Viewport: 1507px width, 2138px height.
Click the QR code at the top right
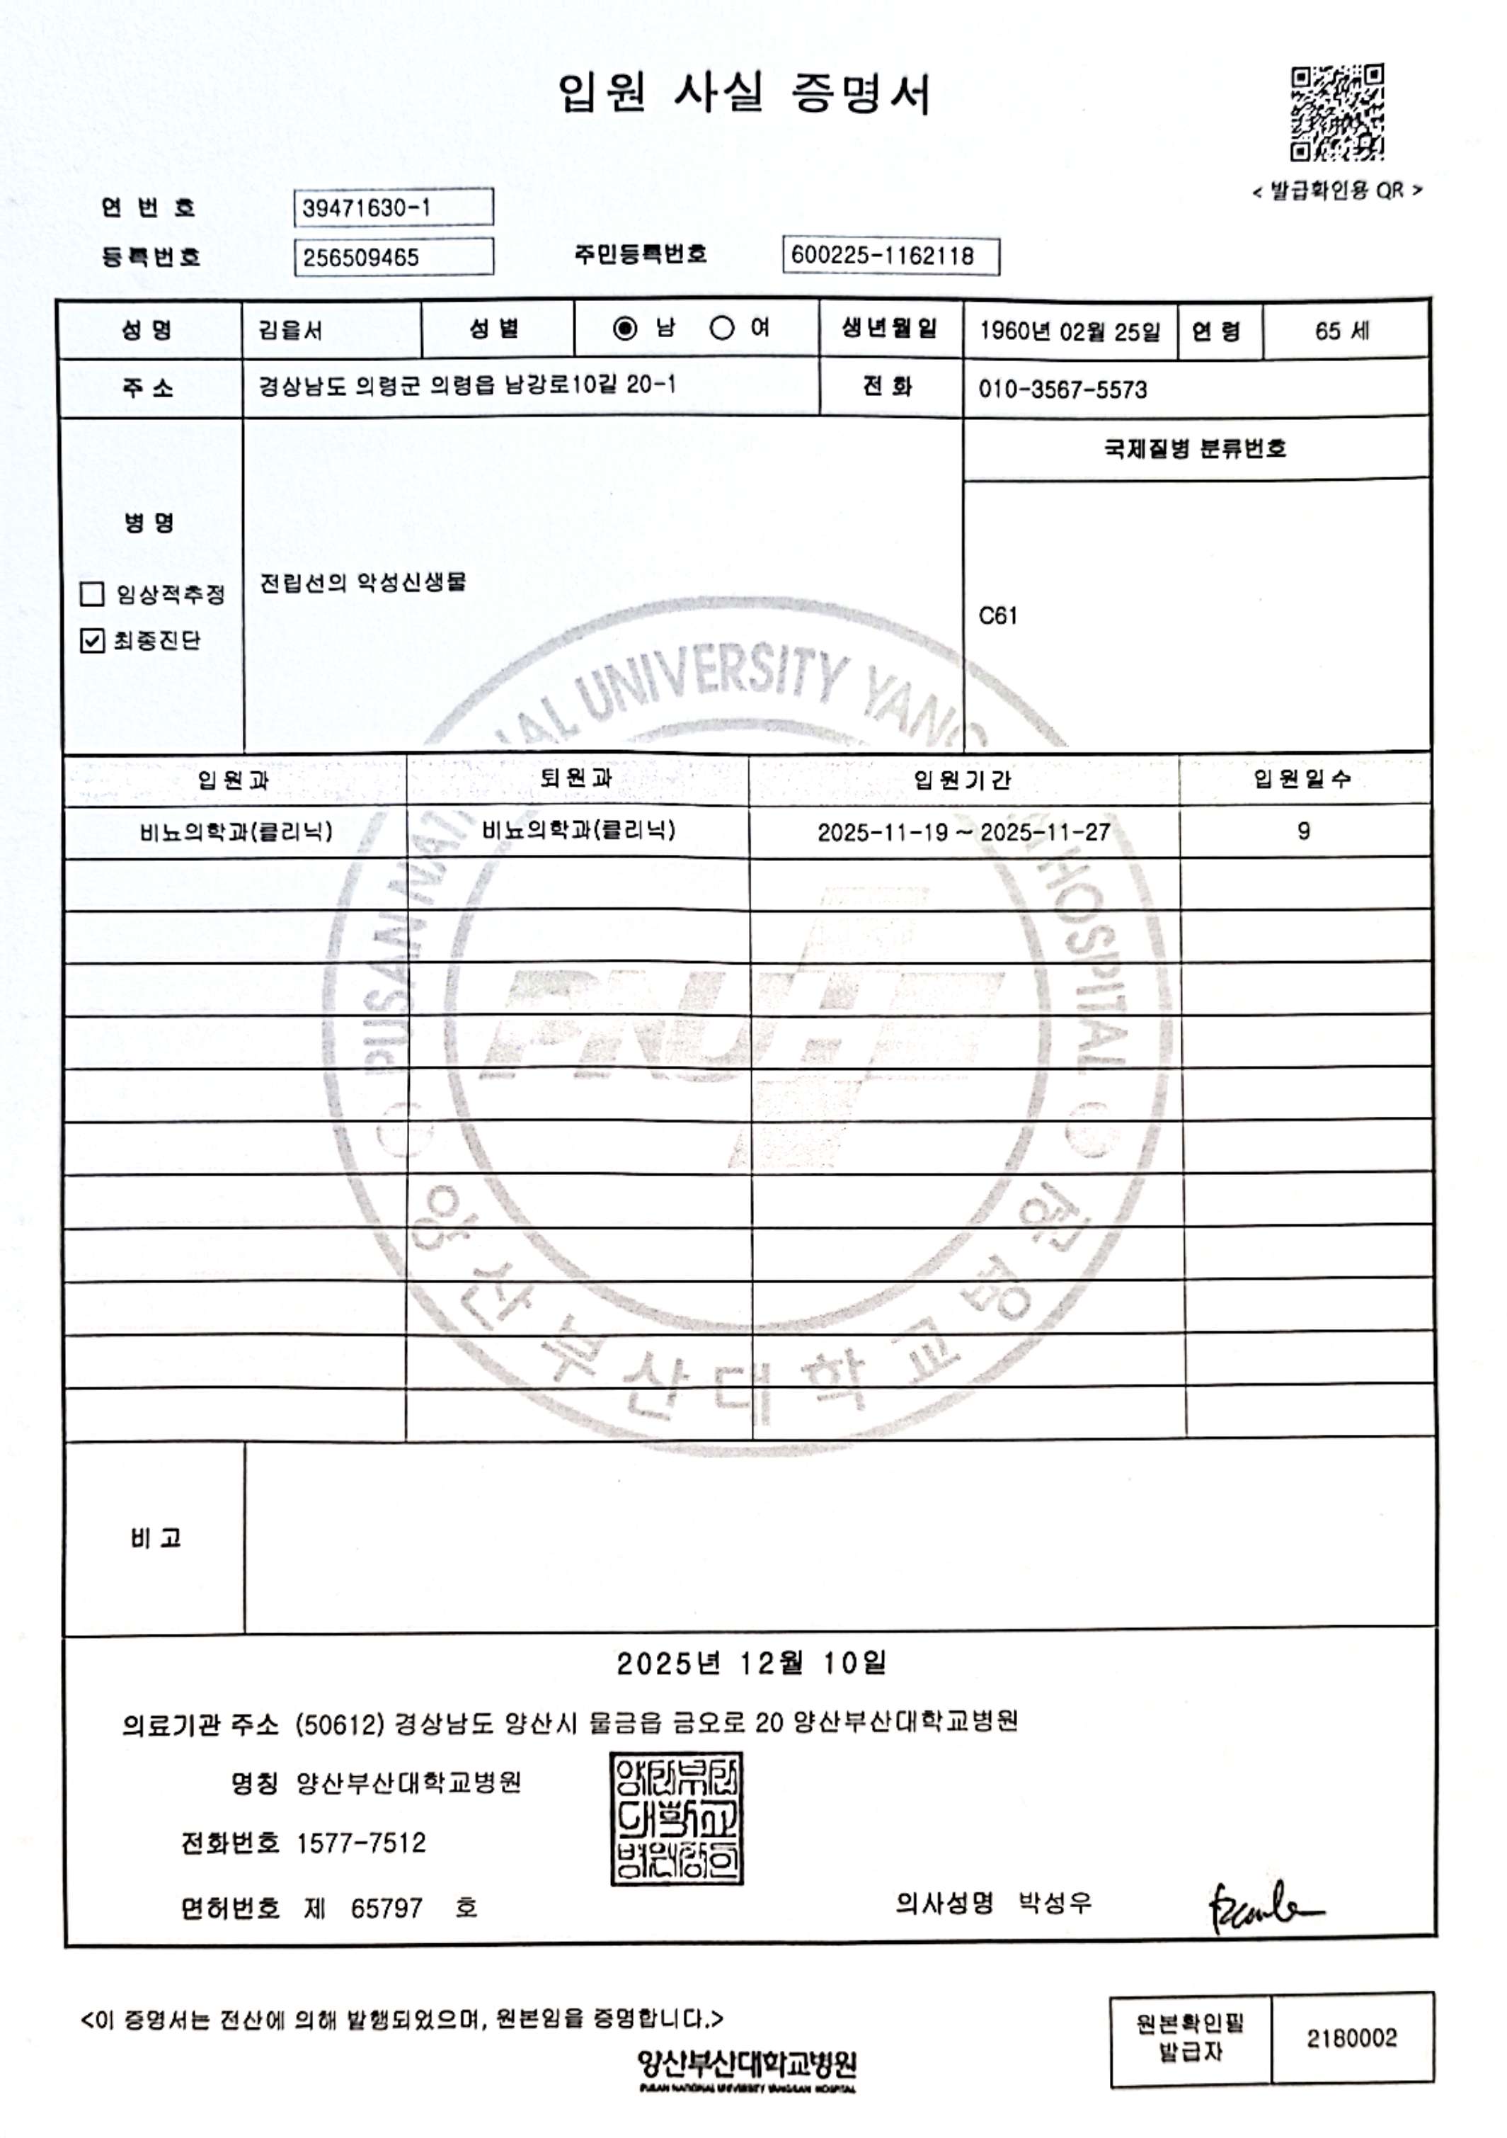click(x=1336, y=113)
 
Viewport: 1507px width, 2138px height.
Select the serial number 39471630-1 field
click(x=393, y=207)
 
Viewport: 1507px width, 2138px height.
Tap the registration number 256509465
click(x=393, y=257)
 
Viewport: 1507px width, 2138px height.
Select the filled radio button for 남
click(x=626, y=329)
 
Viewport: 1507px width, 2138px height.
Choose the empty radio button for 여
click(x=721, y=329)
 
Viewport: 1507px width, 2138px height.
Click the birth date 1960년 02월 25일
click(x=1070, y=331)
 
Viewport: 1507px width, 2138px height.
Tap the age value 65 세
click(x=1341, y=331)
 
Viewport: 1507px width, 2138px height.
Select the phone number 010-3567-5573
click(x=1062, y=389)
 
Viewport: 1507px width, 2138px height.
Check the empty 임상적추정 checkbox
click(x=92, y=594)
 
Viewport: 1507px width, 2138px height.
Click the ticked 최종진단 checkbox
click(x=92, y=641)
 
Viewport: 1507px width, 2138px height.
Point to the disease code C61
click(x=998, y=615)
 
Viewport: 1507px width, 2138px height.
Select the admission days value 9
click(x=1303, y=831)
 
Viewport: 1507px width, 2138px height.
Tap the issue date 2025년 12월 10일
click(x=751, y=1663)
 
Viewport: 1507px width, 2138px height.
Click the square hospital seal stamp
click(x=677, y=1819)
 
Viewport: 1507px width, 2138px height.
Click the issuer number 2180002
click(x=1351, y=2038)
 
